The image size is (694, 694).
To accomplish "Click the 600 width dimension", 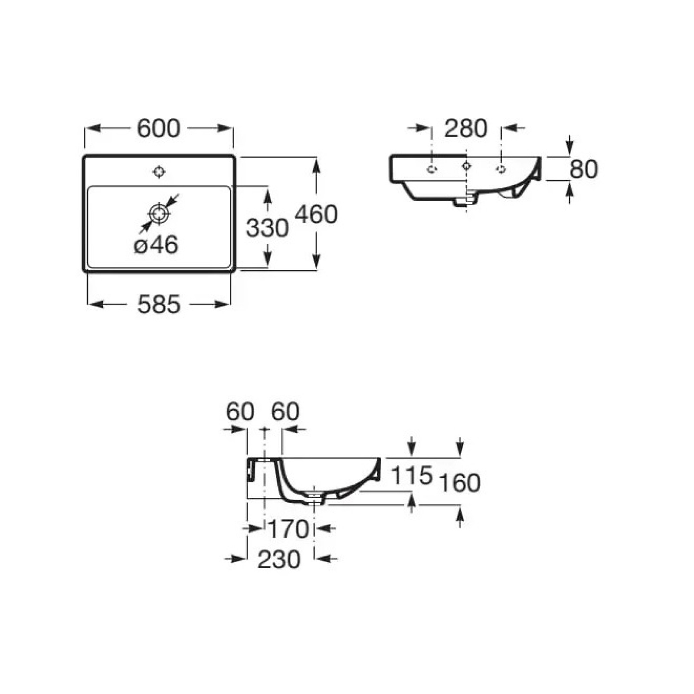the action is [158, 128].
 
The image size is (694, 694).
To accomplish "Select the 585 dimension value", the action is [159, 304].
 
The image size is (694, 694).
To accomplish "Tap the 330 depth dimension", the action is [267, 228].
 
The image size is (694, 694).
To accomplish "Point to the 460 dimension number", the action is [316, 214].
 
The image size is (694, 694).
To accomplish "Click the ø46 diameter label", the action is [156, 245].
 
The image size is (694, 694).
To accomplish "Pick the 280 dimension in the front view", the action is [466, 128].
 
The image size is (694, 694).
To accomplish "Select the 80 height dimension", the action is [584, 169].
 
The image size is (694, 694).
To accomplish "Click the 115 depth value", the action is [412, 475].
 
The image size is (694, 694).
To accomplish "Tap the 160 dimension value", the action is [460, 483].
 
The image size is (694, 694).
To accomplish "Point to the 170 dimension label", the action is [288, 529].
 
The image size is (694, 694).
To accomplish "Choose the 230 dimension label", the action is [279, 560].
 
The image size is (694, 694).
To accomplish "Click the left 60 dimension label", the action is [240, 412].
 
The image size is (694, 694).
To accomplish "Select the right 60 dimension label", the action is [285, 412].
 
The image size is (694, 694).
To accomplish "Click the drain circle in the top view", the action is [160, 213].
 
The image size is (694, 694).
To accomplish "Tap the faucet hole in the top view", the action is [160, 172].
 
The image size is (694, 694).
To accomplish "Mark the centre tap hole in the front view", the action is [467, 165].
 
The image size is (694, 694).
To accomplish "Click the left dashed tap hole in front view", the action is [432, 169].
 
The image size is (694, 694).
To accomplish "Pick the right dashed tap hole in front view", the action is [501, 169].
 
